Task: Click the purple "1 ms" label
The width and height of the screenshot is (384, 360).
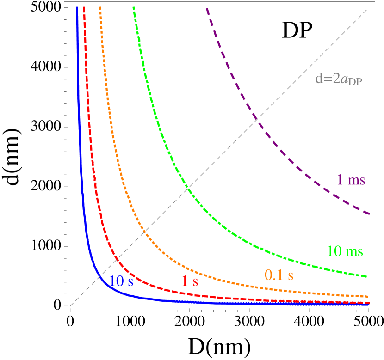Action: click(x=351, y=180)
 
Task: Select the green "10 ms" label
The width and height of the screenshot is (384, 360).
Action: click(x=345, y=251)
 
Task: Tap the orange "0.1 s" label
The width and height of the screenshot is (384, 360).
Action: click(x=279, y=275)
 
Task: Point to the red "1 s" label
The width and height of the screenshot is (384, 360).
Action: click(x=190, y=281)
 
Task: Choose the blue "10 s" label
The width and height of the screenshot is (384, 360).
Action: click(x=122, y=281)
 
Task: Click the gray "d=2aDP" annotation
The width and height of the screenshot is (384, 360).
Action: click(x=339, y=79)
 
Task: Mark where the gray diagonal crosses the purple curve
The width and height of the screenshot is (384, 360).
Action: click(x=257, y=121)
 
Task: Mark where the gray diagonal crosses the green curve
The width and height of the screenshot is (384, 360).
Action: click(x=188, y=187)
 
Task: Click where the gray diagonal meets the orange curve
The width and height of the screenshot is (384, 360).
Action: click(x=144, y=232)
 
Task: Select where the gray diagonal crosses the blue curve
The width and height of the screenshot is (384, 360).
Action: click(x=99, y=276)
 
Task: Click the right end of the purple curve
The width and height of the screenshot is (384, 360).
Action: click(x=370, y=214)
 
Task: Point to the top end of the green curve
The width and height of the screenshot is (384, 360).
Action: click(x=133, y=7)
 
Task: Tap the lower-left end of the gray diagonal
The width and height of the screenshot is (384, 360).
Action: click(x=70, y=305)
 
